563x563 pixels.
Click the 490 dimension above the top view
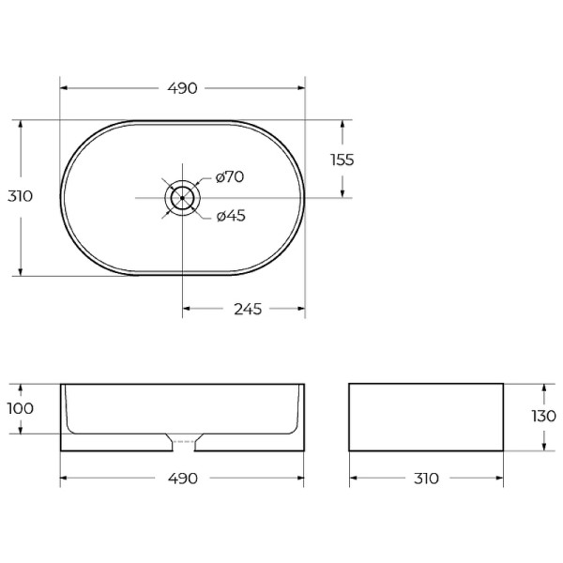[182, 88]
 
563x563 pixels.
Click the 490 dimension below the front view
[182, 479]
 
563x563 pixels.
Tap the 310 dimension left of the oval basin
[20, 196]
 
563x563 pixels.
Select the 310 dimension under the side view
[426, 479]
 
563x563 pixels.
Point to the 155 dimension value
[342, 160]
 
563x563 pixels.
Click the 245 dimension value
[248, 309]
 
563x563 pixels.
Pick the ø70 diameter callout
[230, 176]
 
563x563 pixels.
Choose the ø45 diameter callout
[231, 216]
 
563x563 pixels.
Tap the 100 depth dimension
[21, 408]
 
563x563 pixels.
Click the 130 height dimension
[543, 416]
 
